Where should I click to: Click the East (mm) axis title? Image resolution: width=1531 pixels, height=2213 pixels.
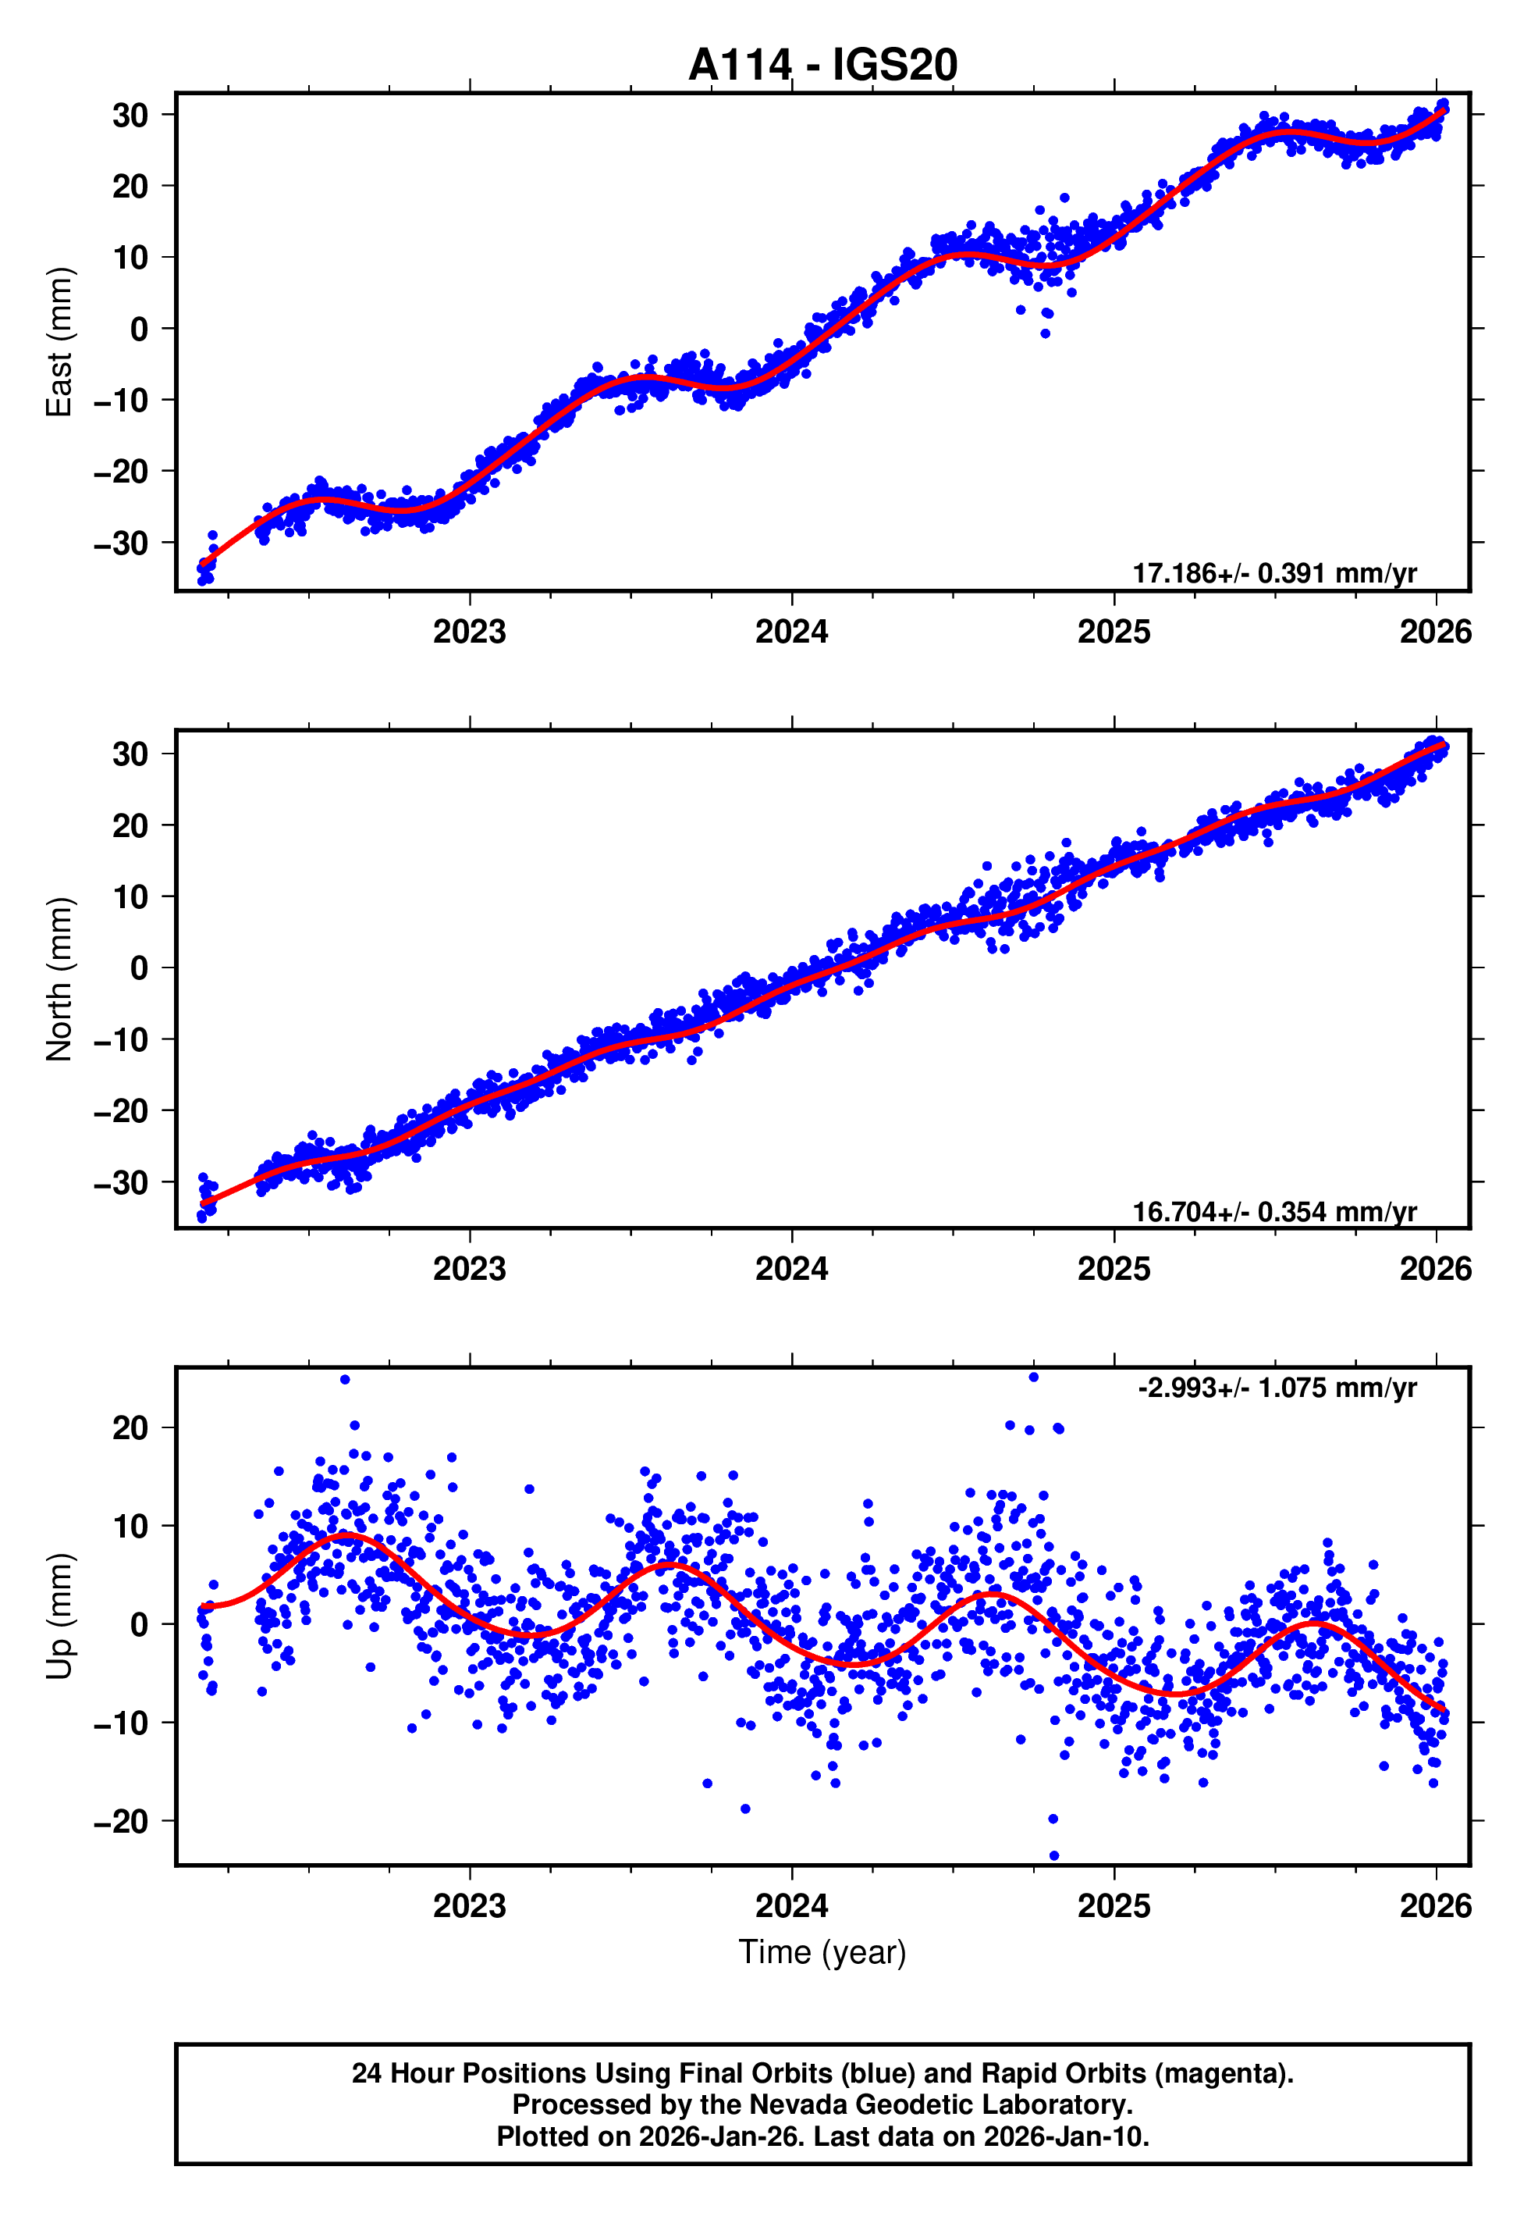pyautogui.click(x=59, y=342)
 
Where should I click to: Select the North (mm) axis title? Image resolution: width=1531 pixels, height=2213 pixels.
pyautogui.click(x=59, y=979)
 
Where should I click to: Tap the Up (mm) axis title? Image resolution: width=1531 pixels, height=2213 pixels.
pyautogui.click(x=59, y=1616)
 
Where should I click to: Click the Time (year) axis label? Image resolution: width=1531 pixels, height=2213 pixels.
pyautogui.click(x=822, y=1953)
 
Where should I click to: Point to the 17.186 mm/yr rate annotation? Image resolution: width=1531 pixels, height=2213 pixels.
pyautogui.click(x=1274, y=573)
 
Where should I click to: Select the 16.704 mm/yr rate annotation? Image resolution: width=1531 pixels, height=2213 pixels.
pyautogui.click(x=1274, y=1211)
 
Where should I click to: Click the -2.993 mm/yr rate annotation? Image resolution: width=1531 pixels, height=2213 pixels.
pyautogui.click(x=1277, y=1388)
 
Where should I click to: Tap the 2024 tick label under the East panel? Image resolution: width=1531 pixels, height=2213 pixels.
pyautogui.click(x=791, y=632)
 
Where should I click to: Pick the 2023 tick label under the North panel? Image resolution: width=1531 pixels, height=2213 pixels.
pyautogui.click(x=469, y=1269)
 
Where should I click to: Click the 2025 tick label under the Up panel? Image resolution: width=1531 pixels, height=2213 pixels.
pyautogui.click(x=1114, y=1906)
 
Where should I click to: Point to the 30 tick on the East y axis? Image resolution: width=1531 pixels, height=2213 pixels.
pyautogui.click(x=130, y=115)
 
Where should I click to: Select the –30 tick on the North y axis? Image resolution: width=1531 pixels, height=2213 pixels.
pyautogui.click(x=121, y=1182)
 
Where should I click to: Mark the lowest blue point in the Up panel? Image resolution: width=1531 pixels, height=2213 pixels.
pyautogui.click(x=1054, y=1856)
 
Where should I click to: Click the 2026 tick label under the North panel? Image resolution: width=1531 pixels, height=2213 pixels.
pyautogui.click(x=1435, y=1269)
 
